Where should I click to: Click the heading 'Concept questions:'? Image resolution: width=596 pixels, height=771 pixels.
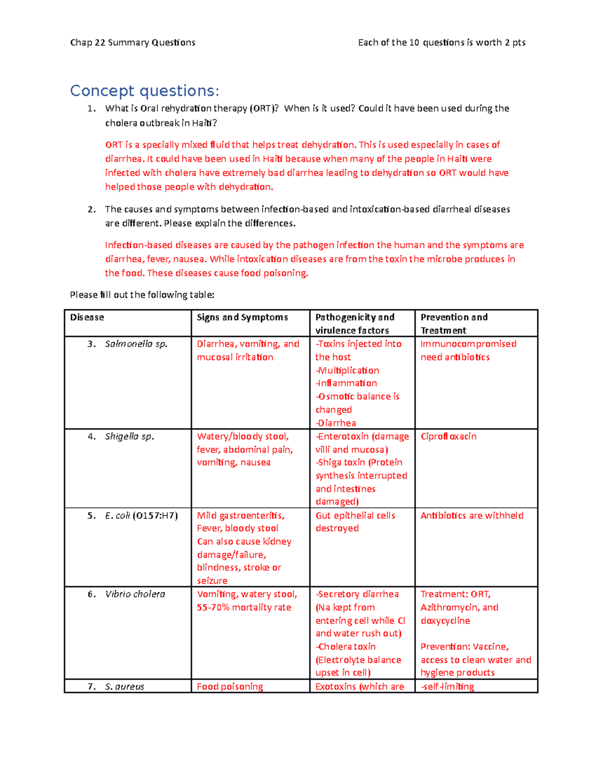coord(144,91)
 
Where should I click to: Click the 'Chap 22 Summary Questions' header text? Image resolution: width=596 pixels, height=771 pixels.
coord(133,43)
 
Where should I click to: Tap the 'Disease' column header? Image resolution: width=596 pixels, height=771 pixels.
coord(87,317)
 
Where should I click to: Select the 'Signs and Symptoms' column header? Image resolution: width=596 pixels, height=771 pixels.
coord(242,317)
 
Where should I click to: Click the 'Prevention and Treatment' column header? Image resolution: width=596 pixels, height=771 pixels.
coord(454,323)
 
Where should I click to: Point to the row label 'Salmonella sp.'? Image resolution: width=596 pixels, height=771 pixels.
coord(136,344)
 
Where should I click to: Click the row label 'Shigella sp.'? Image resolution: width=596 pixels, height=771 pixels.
coord(129,436)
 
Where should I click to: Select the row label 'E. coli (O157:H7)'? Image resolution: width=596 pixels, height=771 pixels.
coord(141,515)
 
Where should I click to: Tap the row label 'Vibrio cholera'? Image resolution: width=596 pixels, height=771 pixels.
coord(135,594)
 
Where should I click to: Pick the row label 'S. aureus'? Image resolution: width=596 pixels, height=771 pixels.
coord(124,687)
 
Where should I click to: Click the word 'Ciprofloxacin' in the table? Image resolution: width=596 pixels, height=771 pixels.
coord(448,436)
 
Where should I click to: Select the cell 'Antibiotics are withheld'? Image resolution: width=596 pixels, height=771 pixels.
coord(472,515)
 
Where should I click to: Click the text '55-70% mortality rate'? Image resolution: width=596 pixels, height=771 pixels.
coord(244,607)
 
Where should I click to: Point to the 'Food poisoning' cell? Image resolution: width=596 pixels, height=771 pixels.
coord(230,687)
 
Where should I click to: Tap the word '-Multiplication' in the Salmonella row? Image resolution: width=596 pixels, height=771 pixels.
coord(347,370)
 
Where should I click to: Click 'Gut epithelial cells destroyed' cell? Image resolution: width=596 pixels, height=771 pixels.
coord(355,521)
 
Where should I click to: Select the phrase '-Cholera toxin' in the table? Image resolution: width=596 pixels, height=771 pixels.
coord(346,646)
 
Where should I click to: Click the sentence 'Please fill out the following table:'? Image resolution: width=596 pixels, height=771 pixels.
coord(142,295)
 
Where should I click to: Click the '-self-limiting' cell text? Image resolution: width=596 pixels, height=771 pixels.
coord(447,687)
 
